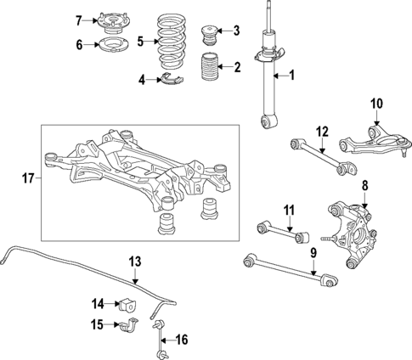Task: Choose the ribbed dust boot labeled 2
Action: point(208,68)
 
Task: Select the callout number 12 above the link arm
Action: point(322,131)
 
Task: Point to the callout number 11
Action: point(289,210)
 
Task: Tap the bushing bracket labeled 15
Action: point(129,323)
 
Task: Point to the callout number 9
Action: point(313,252)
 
